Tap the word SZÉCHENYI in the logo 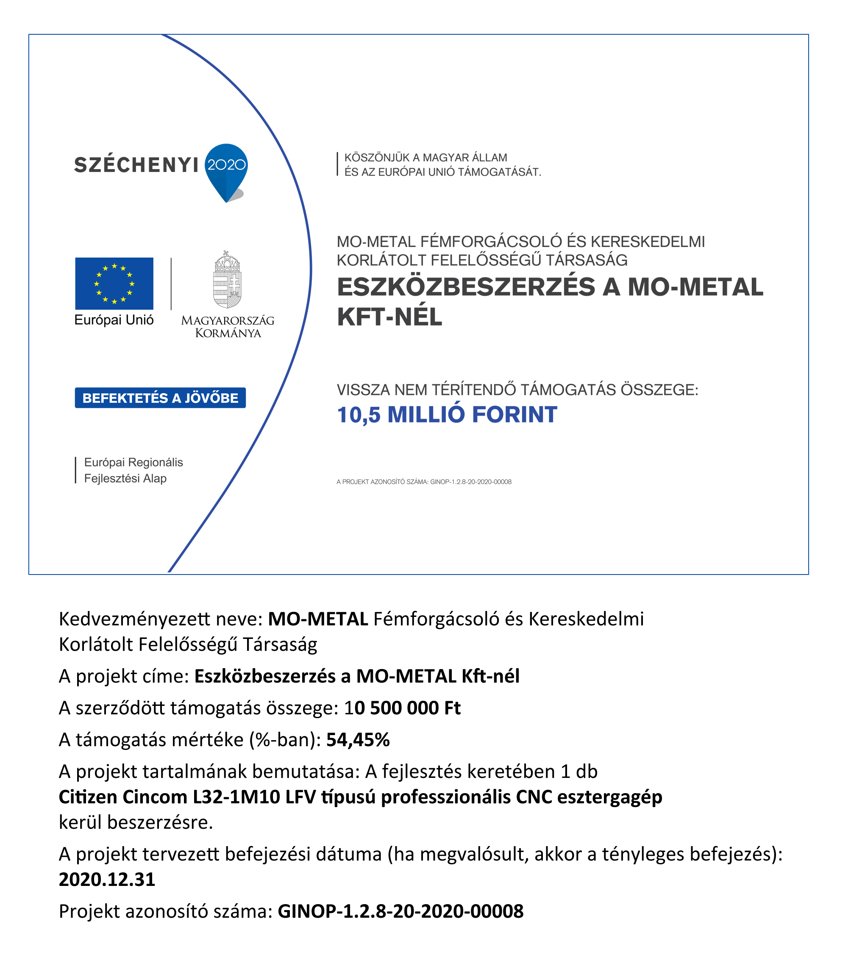(136, 165)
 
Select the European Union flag (114, 283)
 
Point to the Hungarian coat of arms (228, 280)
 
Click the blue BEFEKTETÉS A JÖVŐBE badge (160, 397)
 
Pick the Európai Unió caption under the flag (114, 320)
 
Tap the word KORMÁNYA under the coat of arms (228, 333)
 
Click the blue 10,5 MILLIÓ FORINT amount (447, 414)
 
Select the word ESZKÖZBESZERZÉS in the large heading (466, 287)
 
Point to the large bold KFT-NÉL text (389, 316)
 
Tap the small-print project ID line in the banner (424, 482)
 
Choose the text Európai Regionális (133, 462)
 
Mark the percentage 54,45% (358, 740)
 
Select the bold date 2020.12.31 (107, 880)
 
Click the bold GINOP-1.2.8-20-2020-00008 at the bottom (400, 911)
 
